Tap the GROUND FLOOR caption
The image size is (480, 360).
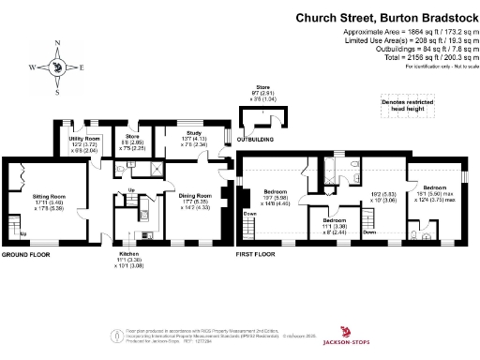click(25, 255)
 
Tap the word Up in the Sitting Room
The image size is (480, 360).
click(22, 233)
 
